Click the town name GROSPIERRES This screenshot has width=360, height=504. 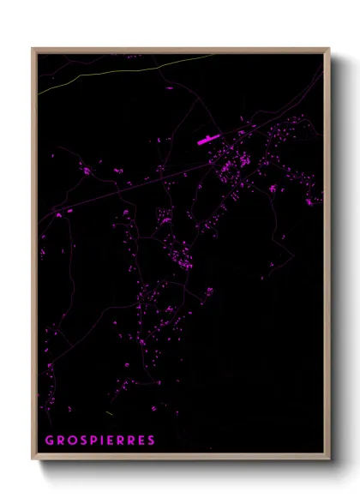pos(100,441)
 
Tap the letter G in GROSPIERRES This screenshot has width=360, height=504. pos(49,441)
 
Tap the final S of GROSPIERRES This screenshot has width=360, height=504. pos(152,441)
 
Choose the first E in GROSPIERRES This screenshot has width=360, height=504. pos(109,441)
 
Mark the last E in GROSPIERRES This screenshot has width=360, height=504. pos(141,441)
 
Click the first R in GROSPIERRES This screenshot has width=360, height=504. pos(59,441)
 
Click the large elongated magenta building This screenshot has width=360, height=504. pos(208,139)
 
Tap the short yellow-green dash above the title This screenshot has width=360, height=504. pos(111,413)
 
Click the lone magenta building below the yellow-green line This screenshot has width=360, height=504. pos(135,56)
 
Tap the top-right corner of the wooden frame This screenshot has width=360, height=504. pos(328,49)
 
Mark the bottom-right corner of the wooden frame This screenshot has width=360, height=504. pos(328,459)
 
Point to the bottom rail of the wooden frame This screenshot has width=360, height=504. pos(180,457)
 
